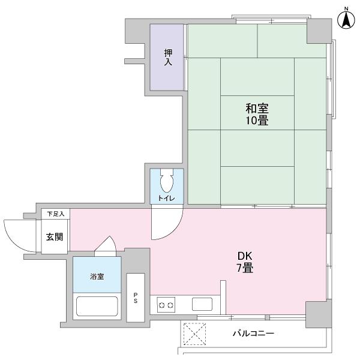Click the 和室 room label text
[x=256, y=109]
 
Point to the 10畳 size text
[x=256, y=121]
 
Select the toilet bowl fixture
[x=167, y=179]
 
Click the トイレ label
[x=167, y=197]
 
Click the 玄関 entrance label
[x=55, y=237]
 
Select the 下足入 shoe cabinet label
[x=56, y=214]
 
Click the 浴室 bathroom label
[x=97, y=277]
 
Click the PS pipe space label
[x=136, y=298]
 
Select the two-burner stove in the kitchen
[x=166, y=305]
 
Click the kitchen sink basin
[x=202, y=304]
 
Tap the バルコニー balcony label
[x=253, y=334]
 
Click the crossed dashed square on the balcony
[x=194, y=334]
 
